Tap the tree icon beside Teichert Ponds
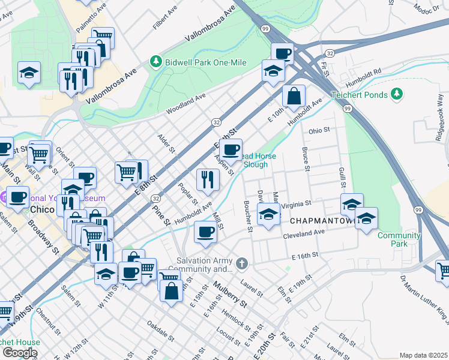pyautogui.click(x=396, y=94)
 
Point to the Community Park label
pyautogui.click(x=399, y=239)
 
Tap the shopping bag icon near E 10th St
pyautogui.click(x=294, y=96)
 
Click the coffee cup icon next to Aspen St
pyautogui.click(x=231, y=149)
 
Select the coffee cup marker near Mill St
pyautogui.click(x=205, y=232)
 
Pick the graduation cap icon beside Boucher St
pyautogui.click(x=268, y=214)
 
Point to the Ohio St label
pyautogui.click(x=319, y=130)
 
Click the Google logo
pyautogui.click(x=20, y=353)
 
